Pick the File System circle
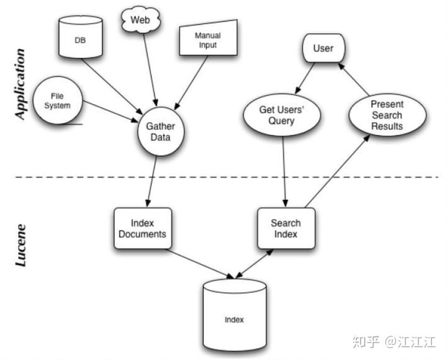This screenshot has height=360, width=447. (x=60, y=101)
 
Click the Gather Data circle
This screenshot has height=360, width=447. (x=160, y=130)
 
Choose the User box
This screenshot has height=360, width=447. (x=323, y=49)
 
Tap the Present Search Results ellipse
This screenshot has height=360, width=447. (x=387, y=115)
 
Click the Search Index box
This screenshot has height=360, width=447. (x=286, y=228)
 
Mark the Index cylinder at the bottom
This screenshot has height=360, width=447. (x=234, y=317)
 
